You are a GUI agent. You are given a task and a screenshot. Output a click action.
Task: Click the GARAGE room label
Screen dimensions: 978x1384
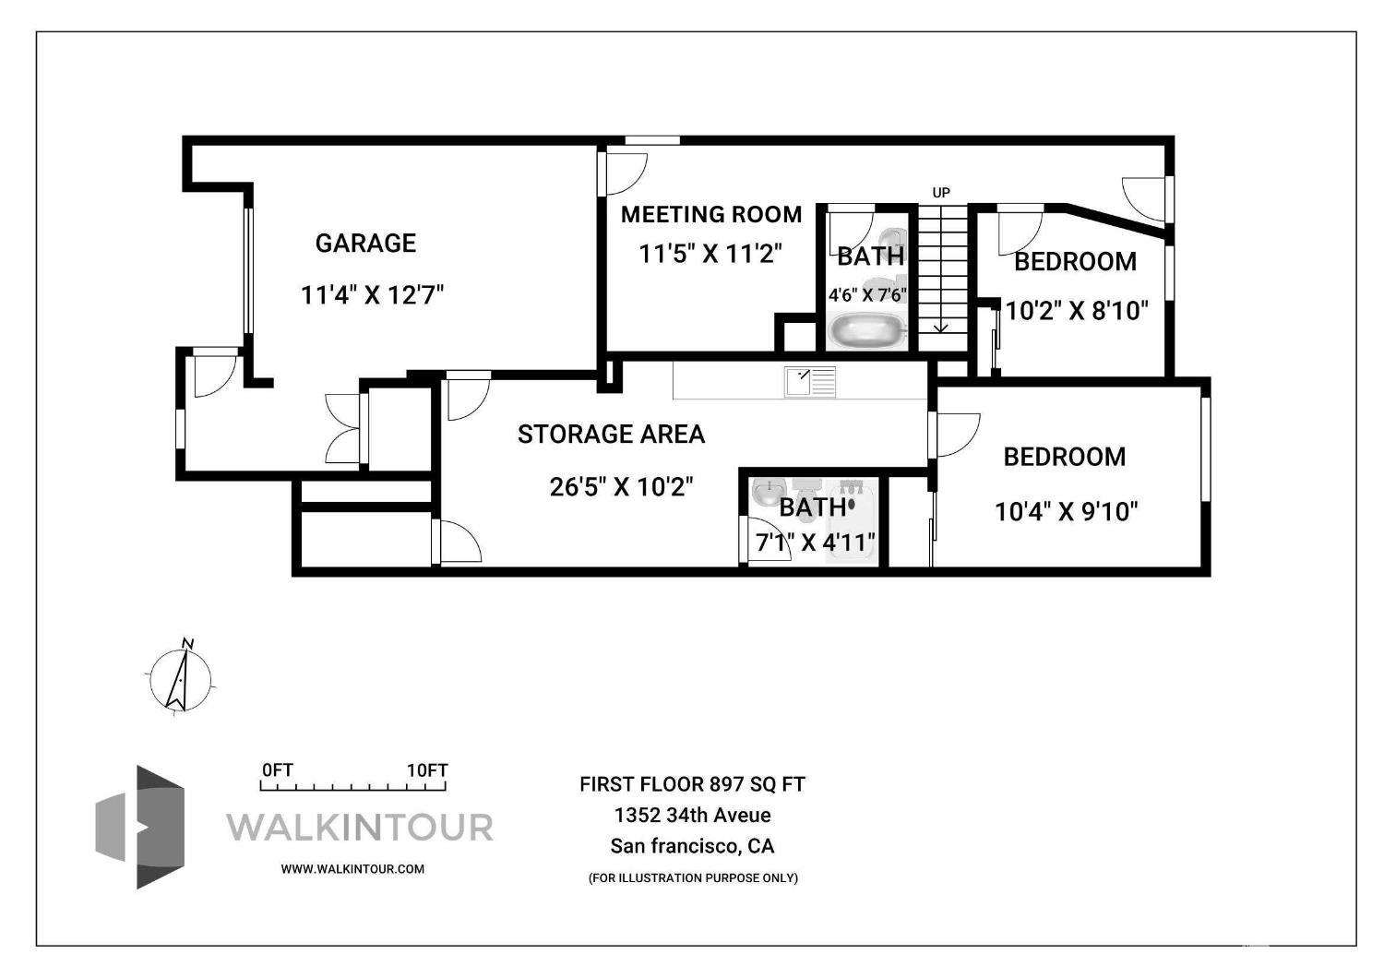tap(365, 244)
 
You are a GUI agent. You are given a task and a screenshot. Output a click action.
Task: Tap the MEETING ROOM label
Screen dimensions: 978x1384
tap(710, 215)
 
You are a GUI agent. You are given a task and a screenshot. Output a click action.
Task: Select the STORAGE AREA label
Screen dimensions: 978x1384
tap(611, 435)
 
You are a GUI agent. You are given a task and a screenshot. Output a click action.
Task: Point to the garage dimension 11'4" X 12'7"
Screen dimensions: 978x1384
tap(372, 295)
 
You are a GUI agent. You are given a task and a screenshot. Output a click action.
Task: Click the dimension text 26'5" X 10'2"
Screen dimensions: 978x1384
tap(620, 487)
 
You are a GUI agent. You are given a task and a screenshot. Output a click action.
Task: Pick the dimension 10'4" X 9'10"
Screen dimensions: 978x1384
tap(1066, 511)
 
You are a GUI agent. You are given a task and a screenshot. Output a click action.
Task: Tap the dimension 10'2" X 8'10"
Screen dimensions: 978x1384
tap(1076, 311)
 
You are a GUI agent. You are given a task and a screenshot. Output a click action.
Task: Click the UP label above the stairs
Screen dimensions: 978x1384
tap(940, 193)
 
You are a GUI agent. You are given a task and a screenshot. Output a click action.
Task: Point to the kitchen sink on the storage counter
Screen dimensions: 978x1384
tap(809, 381)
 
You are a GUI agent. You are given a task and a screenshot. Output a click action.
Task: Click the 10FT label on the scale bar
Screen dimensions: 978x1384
tap(427, 770)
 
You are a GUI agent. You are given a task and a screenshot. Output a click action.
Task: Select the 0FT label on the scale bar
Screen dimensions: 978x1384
tap(277, 770)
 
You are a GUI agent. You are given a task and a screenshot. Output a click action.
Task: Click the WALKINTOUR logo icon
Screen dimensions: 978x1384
tap(140, 827)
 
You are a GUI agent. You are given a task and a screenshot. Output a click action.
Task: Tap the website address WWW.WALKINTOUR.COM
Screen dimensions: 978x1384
tap(352, 868)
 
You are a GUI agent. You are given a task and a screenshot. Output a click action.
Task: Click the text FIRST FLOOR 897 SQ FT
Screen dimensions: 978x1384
tap(692, 784)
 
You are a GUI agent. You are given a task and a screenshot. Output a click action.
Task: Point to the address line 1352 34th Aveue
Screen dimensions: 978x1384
tap(692, 816)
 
